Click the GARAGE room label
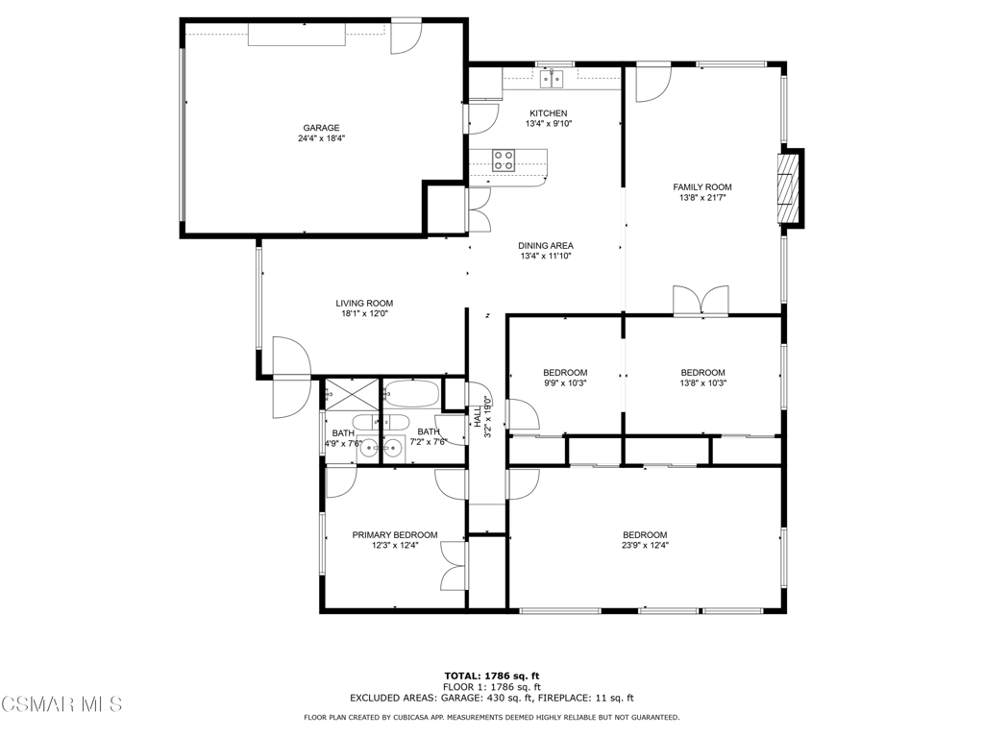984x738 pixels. (x=321, y=128)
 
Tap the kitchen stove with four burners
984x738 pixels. (x=504, y=160)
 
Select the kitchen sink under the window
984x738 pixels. (x=552, y=79)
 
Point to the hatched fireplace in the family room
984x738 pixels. (x=786, y=188)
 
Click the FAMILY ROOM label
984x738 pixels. (x=702, y=187)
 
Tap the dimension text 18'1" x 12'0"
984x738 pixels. (x=364, y=314)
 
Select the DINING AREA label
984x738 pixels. (x=546, y=246)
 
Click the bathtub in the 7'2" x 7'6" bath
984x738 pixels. (x=412, y=393)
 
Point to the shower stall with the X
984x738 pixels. (x=352, y=395)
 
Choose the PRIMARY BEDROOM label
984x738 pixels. (x=395, y=535)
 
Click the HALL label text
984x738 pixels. (x=478, y=416)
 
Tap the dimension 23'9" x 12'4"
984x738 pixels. (x=645, y=546)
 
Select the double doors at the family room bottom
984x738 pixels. (x=701, y=300)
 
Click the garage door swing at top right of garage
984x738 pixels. (x=406, y=37)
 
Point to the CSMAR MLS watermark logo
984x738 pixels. (x=61, y=704)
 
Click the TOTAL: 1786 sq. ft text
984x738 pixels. (x=492, y=676)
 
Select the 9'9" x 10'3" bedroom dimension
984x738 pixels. (x=565, y=382)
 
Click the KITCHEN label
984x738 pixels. (x=549, y=113)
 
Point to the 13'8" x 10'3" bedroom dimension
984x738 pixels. (x=702, y=382)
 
